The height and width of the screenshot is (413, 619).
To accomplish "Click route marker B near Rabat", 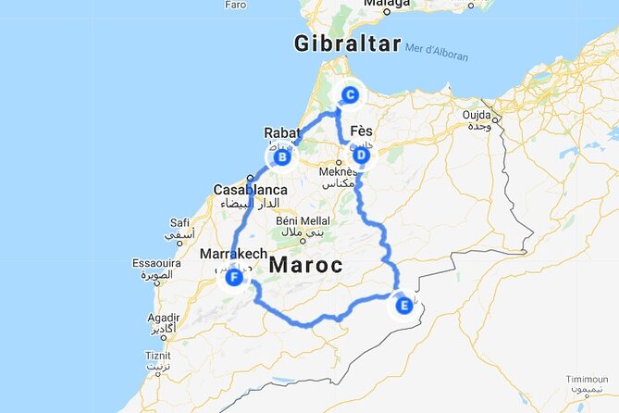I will click(x=283, y=158).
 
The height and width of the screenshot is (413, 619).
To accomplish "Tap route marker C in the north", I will click(x=350, y=94).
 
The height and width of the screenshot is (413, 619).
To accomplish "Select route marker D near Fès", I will click(x=361, y=156).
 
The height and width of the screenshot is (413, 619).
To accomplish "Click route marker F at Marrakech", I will click(x=234, y=276).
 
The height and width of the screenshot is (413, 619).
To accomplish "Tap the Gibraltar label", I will click(x=347, y=44).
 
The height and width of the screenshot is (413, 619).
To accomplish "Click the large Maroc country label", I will click(x=306, y=265).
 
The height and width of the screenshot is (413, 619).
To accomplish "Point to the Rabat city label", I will click(x=281, y=132).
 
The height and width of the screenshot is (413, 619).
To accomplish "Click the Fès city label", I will click(x=364, y=132).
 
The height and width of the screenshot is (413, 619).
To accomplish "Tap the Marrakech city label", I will click(x=233, y=254).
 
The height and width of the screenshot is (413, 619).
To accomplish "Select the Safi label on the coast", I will click(x=180, y=222).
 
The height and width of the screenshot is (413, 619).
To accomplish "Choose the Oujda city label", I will click(x=478, y=115).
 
